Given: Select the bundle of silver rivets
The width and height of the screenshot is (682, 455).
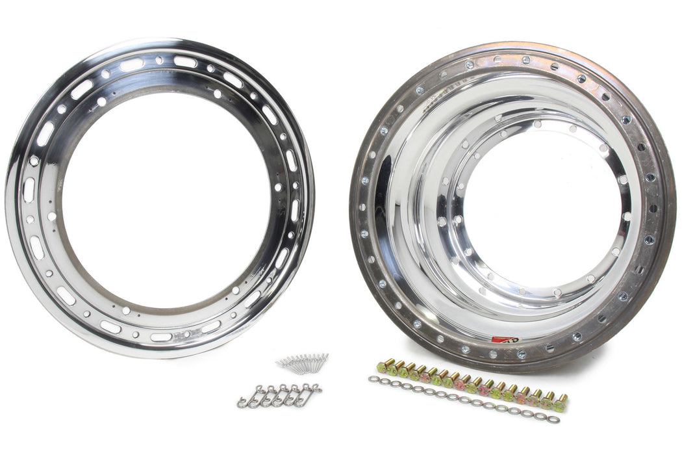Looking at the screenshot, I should tap(302, 363).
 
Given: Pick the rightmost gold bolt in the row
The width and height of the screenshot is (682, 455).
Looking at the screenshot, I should tap(560, 402).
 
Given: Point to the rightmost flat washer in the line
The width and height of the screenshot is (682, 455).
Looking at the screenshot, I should tap(553, 419).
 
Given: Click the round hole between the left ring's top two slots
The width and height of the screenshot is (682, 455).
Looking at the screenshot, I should tap(159, 60).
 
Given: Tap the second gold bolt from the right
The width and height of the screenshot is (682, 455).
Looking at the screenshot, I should tap(549, 399).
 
